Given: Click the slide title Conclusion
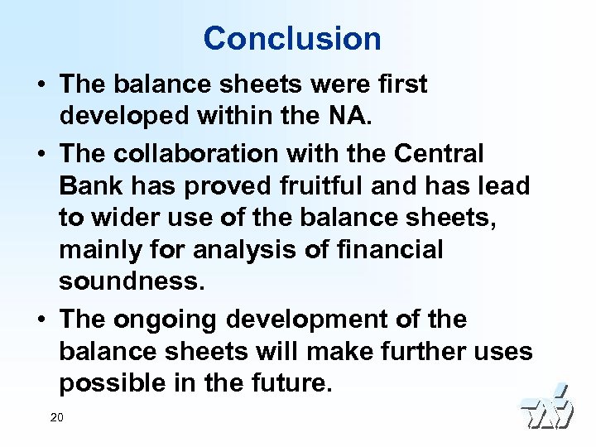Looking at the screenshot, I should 292,38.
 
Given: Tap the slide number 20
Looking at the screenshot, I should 56,417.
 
